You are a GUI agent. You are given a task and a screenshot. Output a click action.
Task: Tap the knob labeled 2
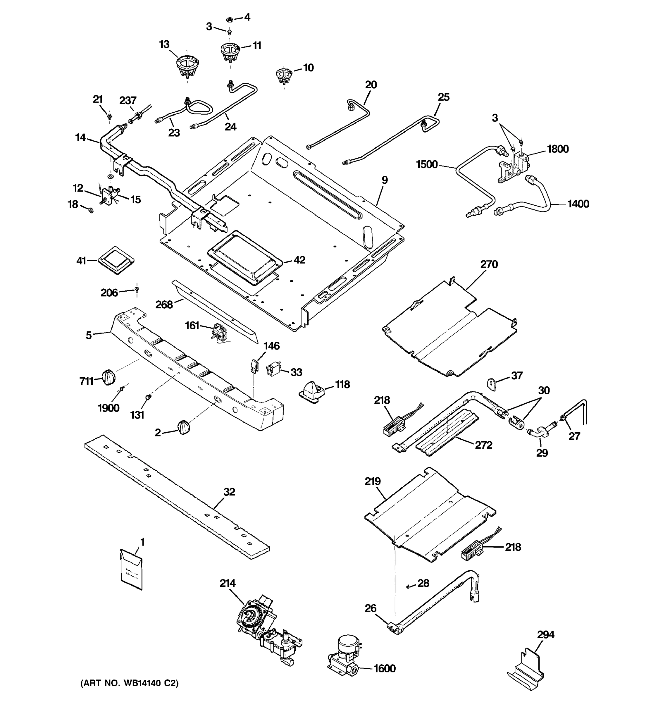184,428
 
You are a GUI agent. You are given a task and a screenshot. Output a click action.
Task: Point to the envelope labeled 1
131,569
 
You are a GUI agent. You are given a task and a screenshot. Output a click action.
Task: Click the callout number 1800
558,149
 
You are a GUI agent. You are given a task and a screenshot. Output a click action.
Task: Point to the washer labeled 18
91,211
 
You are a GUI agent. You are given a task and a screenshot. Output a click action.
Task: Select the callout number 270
489,264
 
